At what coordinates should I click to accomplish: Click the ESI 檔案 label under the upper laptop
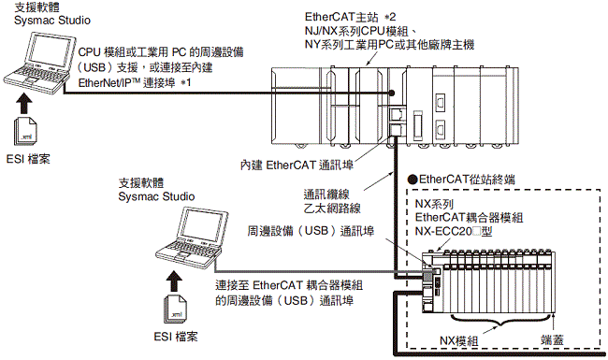[x=28, y=159]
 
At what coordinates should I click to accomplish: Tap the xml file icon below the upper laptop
[x=25, y=131]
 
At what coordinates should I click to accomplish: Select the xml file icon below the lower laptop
[x=175, y=309]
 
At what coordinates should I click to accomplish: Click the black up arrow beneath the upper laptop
[x=24, y=104]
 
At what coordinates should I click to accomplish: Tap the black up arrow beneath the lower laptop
[x=174, y=281]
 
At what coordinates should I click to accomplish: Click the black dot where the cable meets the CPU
[x=392, y=93]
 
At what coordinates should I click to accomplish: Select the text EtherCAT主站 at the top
[x=341, y=17]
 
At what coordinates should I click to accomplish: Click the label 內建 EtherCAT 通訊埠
[x=297, y=166]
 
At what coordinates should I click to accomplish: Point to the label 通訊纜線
[x=326, y=194]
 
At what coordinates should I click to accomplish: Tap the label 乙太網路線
[x=332, y=209]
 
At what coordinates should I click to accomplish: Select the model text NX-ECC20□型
[x=454, y=231]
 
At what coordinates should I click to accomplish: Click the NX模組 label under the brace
[x=458, y=341]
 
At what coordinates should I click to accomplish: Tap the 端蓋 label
[x=552, y=340]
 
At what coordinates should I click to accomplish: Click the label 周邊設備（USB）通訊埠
[x=311, y=231]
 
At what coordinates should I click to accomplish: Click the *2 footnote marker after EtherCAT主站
[x=390, y=17]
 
